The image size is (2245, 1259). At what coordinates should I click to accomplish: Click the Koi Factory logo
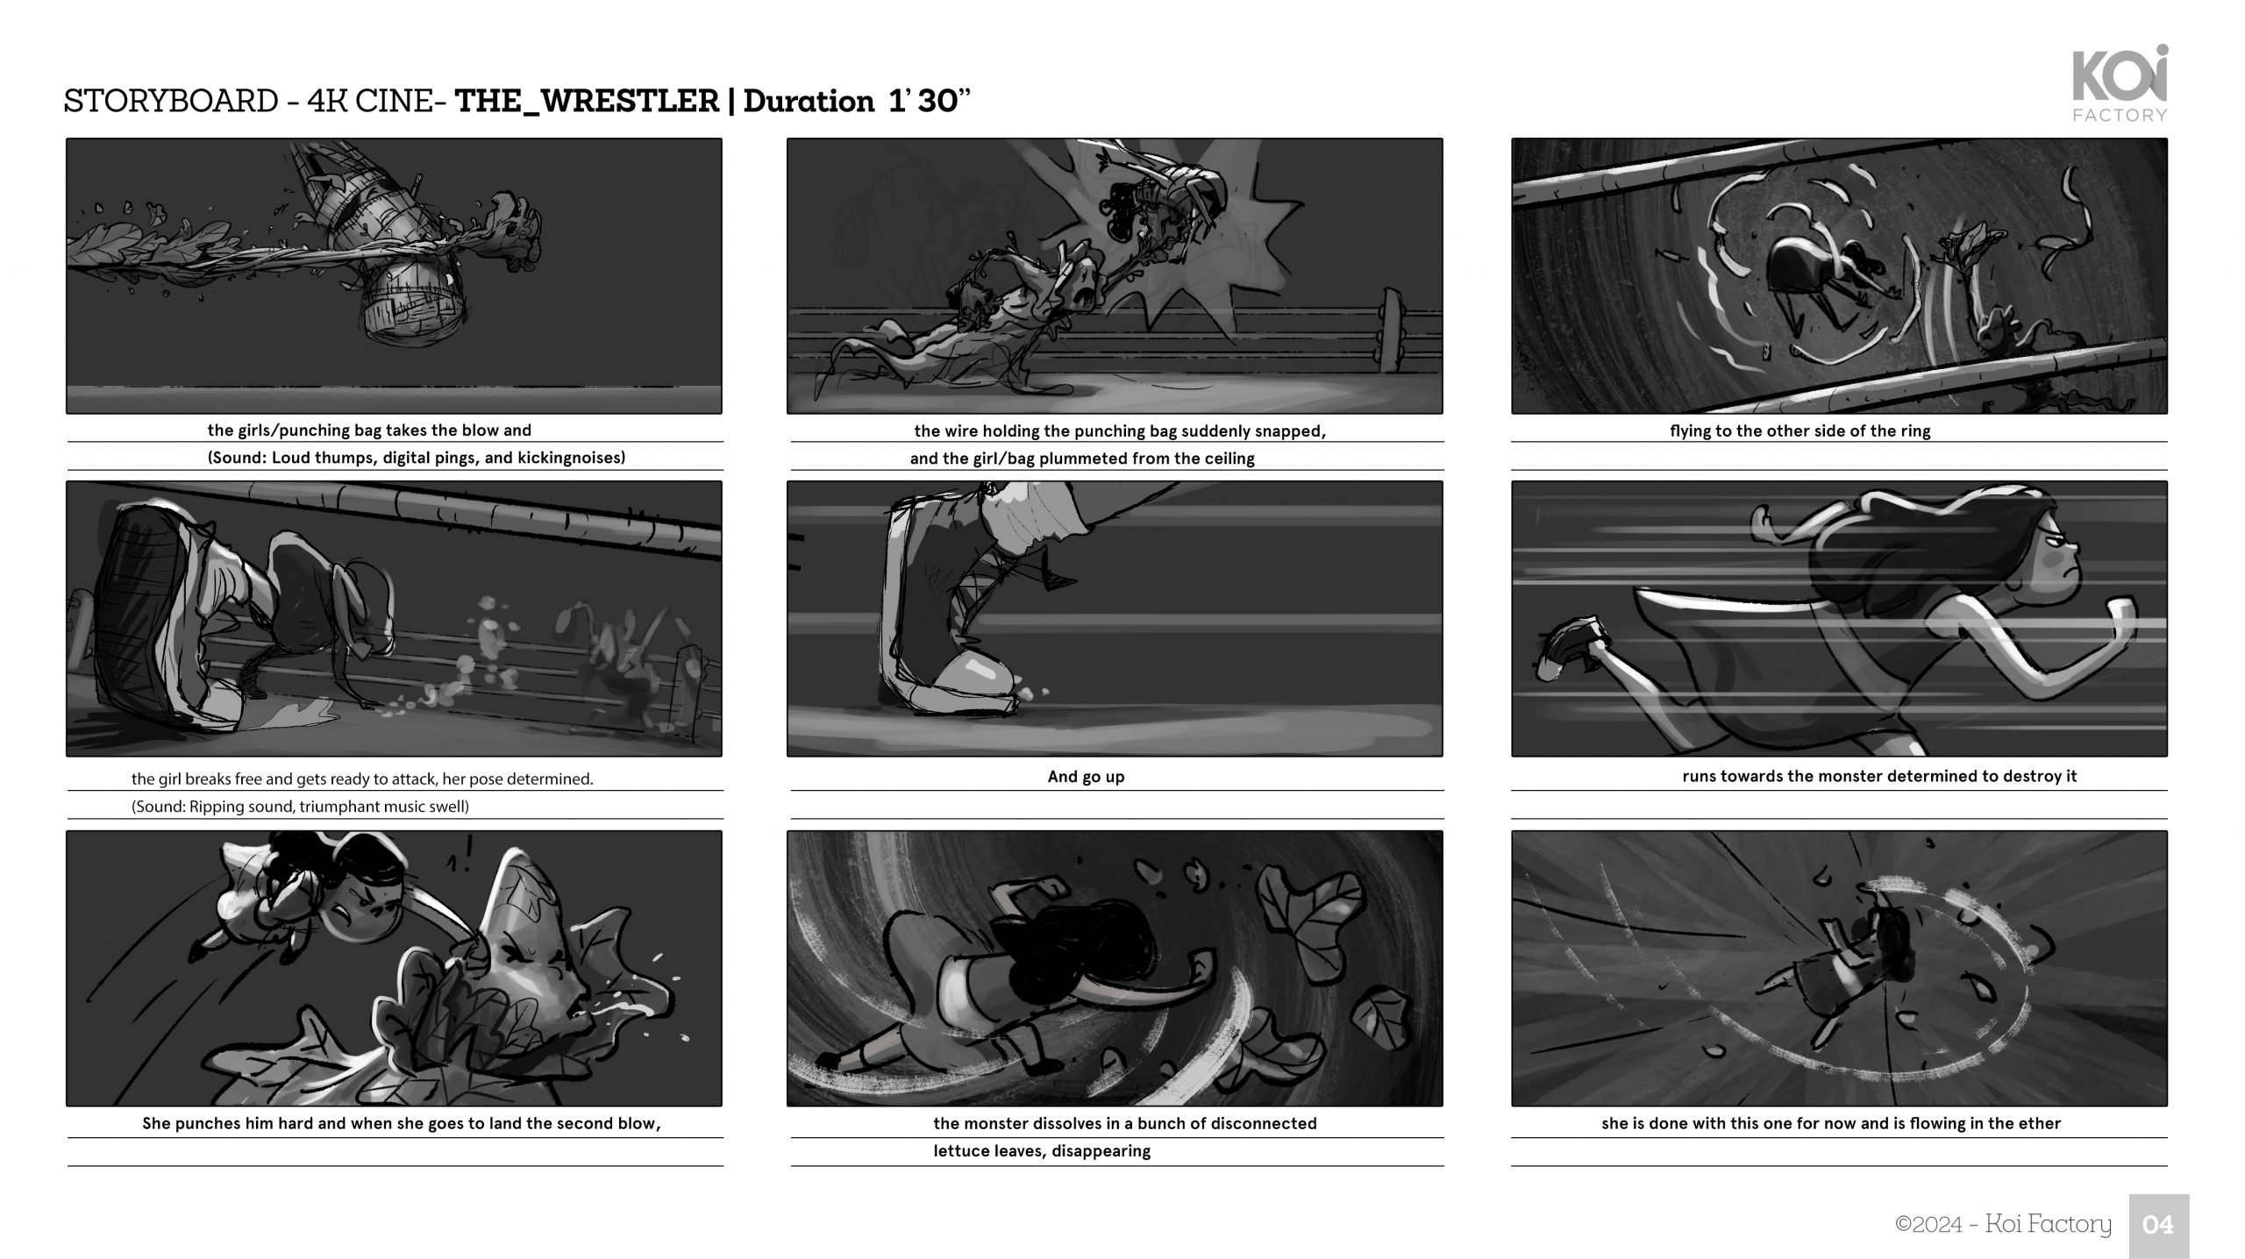tap(2120, 83)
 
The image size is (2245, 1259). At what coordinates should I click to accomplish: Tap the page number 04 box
tap(2158, 1225)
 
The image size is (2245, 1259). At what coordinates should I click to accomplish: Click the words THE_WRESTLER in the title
tap(588, 102)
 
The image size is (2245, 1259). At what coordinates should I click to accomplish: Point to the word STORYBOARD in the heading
tap(171, 102)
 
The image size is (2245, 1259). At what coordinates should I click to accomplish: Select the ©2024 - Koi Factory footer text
tap(2003, 1224)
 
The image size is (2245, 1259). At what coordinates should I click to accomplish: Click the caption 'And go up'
tap(1086, 776)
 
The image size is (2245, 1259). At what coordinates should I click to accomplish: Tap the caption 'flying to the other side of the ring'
tap(1800, 430)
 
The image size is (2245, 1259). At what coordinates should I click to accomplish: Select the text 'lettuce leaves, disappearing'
tap(1042, 1151)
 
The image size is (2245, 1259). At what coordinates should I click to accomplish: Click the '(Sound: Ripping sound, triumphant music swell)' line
tap(300, 806)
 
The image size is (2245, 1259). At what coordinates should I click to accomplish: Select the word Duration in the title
tap(809, 102)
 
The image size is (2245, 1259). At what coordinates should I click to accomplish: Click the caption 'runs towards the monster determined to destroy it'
tap(1879, 776)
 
